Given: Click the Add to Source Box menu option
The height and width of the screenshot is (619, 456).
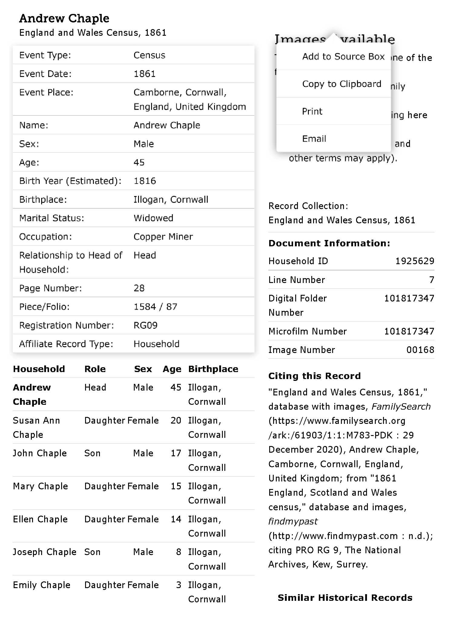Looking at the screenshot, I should [343, 57].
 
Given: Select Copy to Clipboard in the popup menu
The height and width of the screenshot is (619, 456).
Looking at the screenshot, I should [342, 84].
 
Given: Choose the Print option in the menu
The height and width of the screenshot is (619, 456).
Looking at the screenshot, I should [312, 111].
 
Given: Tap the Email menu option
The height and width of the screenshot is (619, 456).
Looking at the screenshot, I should [314, 139].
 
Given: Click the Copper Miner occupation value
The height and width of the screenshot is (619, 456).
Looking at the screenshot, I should [163, 237].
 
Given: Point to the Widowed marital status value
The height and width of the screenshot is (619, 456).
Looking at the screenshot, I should [153, 218].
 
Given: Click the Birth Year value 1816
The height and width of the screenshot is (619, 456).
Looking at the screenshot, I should [145, 181].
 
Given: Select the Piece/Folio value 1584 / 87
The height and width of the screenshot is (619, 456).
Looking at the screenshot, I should [155, 307].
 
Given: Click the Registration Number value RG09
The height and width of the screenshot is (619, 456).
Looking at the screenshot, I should [145, 325].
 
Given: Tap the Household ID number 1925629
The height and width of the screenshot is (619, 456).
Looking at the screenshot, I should [415, 261].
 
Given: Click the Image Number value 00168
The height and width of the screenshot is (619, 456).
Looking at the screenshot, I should [420, 350].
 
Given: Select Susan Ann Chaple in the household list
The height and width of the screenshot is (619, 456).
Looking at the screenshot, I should [36, 427].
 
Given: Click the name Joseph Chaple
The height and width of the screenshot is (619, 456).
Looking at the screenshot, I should [45, 552].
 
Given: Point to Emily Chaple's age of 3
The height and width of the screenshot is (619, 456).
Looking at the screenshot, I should [179, 585].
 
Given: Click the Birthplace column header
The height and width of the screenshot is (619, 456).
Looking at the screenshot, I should [213, 369].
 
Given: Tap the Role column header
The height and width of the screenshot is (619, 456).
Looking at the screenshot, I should [95, 369].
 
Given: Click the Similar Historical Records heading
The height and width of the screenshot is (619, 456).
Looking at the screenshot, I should [345, 598].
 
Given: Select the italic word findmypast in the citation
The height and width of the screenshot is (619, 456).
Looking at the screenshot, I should [293, 521].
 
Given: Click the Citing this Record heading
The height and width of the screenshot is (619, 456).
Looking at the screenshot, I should [314, 376].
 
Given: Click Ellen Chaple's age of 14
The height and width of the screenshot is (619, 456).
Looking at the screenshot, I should [176, 519].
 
